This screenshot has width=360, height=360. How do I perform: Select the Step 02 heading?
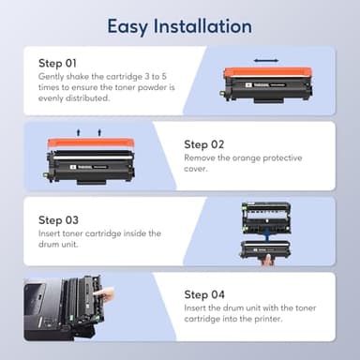pyautogui.click(x=205, y=143)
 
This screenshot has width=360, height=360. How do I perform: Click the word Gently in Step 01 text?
pyautogui.click(x=51, y=75)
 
